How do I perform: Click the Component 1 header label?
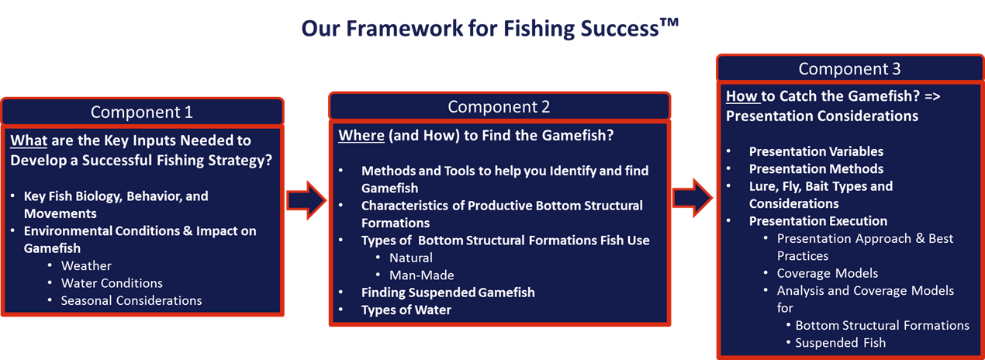[x=142, y=112]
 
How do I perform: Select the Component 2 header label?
[x=499, y=107]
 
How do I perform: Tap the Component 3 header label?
[x=849, y=69]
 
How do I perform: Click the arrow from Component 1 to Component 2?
[x=306, y=200]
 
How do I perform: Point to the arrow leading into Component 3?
[x=693, y=198]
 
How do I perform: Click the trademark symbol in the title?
[x=669, y=22]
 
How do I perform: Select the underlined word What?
[x=29, y=140]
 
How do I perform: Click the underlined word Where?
[x=361, y=136]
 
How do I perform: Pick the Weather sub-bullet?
[x=86, y=266]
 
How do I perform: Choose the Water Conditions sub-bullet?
[x=112, y=283]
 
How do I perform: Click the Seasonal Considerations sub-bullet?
[x=132, y=300]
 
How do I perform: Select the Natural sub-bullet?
[x=411, y=258]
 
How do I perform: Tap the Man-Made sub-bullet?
[x=422, y=275]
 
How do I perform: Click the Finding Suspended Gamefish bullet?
[x=448, y=292]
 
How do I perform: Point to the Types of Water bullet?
[x=406, y=310]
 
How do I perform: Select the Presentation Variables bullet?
[x=816, y=151]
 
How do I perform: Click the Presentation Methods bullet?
[x=816, y=169]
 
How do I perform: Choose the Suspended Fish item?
[x=840, y=343]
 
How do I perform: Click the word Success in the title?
[x=620, y=29]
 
